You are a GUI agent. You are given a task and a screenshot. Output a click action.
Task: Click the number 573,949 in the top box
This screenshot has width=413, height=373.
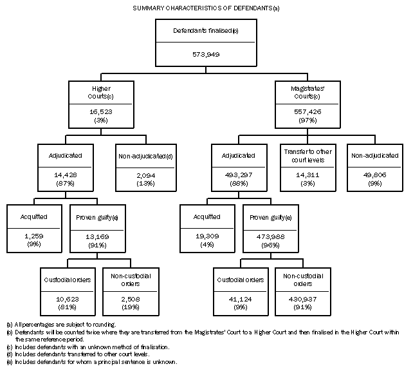pyautogui.click(x=206, y=55)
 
